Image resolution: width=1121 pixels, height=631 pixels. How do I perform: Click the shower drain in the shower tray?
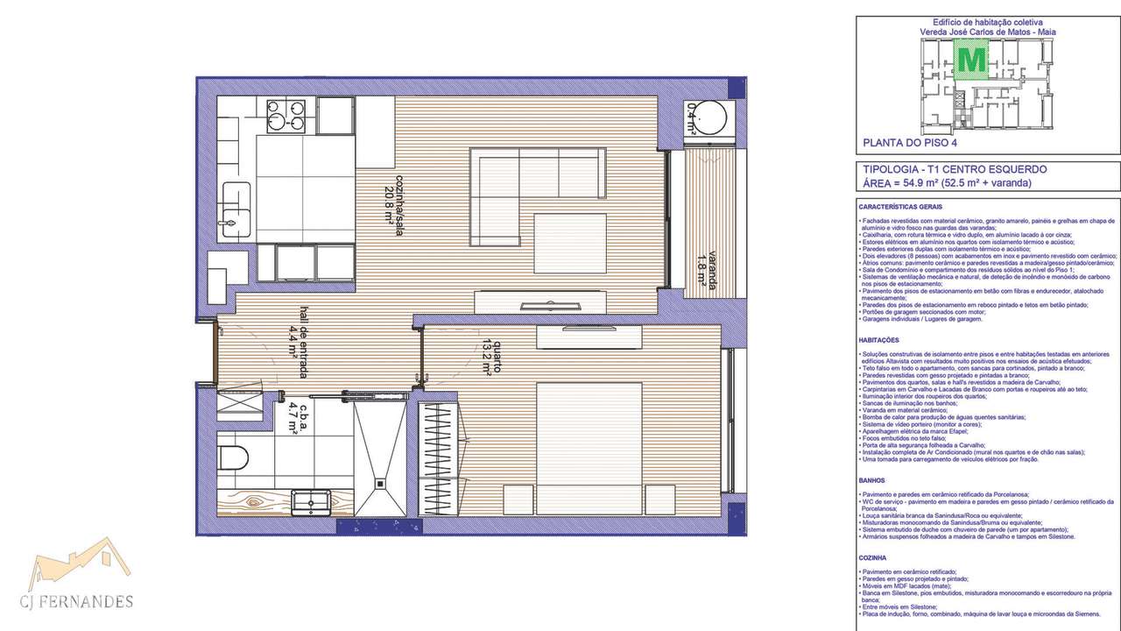(x=380, y=480)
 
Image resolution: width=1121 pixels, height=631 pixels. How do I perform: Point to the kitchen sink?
(x=234, y=211)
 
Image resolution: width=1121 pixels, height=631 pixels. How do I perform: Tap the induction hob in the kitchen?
(x=288, y=115)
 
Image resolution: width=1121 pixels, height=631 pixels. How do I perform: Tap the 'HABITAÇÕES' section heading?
(x=879, y=339)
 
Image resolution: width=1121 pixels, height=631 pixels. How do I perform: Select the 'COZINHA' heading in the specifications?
(x=875, y=557)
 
